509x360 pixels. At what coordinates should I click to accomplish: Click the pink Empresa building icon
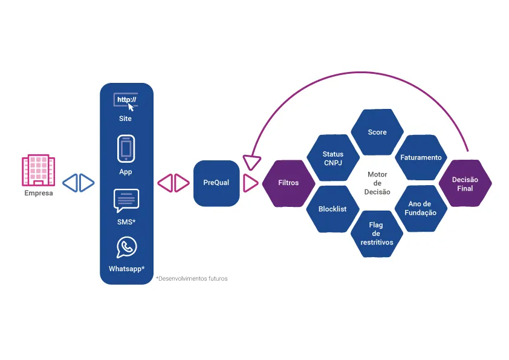click(38, 170)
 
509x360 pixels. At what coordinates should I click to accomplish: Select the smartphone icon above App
click(126, 149)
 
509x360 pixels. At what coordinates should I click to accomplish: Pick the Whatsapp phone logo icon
click(126, 247)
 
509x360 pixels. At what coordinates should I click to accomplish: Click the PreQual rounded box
click(216, 183)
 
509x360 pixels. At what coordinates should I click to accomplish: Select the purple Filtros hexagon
click(288, 183)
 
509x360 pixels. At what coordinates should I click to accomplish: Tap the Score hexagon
click(377, 133)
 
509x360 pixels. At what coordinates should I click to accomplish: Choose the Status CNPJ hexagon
click(333, 158)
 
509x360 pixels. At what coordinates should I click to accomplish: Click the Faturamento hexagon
click(421, 157)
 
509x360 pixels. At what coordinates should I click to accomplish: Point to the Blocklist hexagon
click(332, 209)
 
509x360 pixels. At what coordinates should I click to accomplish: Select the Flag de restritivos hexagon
click(377, 234)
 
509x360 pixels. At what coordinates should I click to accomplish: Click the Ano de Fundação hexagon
click(421, 209)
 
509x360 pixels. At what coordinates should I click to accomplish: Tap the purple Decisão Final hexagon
click(465, 183)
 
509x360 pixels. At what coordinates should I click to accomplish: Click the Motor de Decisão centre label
click(377, 183)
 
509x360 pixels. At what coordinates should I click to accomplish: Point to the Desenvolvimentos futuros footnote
click(192, 279)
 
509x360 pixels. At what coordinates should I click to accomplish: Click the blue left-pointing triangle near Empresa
click(70, 183)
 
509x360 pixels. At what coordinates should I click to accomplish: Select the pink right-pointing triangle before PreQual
click(182, 183)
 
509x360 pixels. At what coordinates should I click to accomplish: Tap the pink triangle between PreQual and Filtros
click(251, 183)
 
